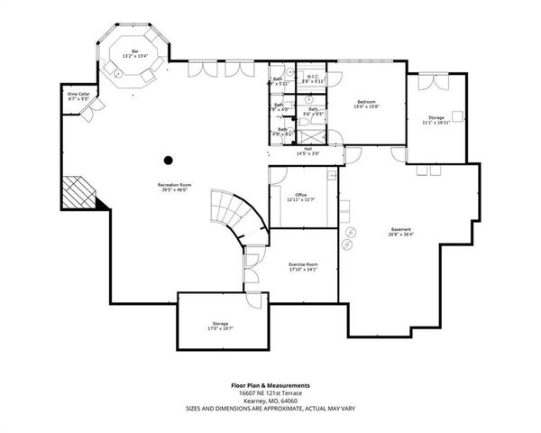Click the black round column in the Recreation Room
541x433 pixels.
tap(168, 161)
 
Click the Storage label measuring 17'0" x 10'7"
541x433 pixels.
tap(221, 323)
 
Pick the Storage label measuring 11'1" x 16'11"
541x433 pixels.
tap(437, 117)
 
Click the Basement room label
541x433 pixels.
tap(402, 228)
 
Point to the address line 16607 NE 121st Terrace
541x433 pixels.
tap(270, 392)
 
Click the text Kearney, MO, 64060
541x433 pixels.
tap(270, 401)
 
